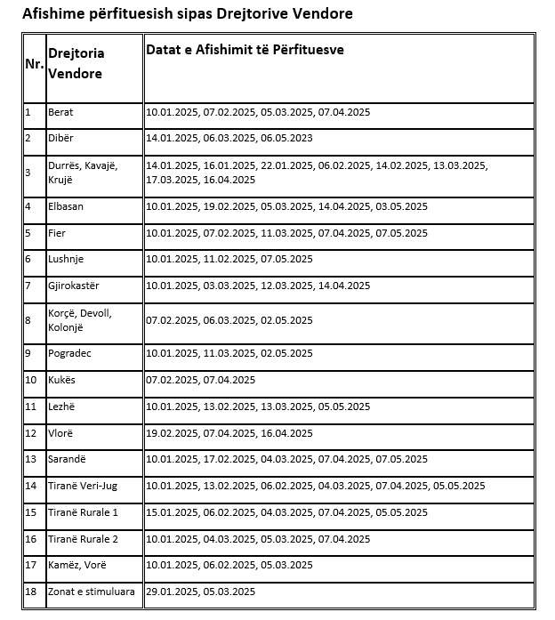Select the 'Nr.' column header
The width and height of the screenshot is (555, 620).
(x=34, y=65)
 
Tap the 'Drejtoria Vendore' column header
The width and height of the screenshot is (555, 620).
(x=75, y=63)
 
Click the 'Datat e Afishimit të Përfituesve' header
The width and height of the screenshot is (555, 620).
(x=245, y=50)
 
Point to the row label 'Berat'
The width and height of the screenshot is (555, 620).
(x=61, y=112)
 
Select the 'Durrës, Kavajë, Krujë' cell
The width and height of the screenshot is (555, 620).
(x=83, y=173)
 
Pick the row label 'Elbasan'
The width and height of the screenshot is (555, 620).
(x=67, y=206)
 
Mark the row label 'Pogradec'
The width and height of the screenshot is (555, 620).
(x=70, y=353)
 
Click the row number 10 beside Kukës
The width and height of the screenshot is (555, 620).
(x=30, y=380)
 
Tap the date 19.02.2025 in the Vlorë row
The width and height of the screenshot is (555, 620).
(x=172, y=433)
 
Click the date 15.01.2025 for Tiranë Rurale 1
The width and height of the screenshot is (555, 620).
(x=172, y=512)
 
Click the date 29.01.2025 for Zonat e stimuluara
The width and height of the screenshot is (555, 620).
(x=172, y=592)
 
